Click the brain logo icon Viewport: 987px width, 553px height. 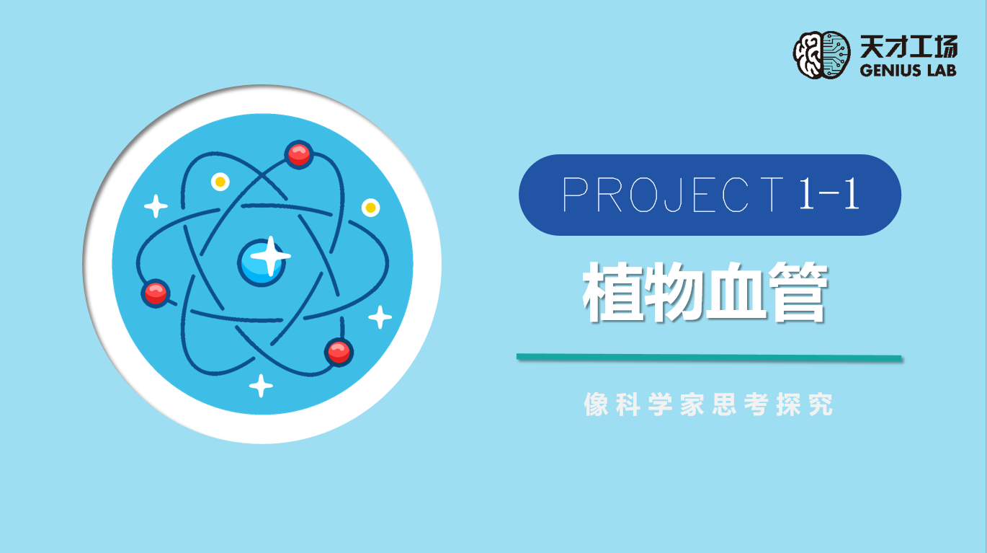pos(822,55)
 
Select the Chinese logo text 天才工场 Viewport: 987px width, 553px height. pos(908,47)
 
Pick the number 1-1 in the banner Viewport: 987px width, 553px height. pos(829,193)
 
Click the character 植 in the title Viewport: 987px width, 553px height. pos(612,292)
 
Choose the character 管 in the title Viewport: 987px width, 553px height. pos(798,292)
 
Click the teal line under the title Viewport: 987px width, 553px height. pos(709,357)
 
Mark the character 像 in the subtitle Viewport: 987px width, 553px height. pos(597,404)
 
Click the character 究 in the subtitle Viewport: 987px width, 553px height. pos(821,404)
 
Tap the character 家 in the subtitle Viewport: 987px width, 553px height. pos(692,404)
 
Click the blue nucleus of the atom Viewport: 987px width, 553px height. pos(262,263)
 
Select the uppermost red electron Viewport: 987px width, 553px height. pos(299,154)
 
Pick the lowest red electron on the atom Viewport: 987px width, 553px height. pos(339,352)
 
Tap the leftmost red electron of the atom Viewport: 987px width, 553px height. pos(155,293)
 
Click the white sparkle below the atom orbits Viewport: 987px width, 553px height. pos(261,386)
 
